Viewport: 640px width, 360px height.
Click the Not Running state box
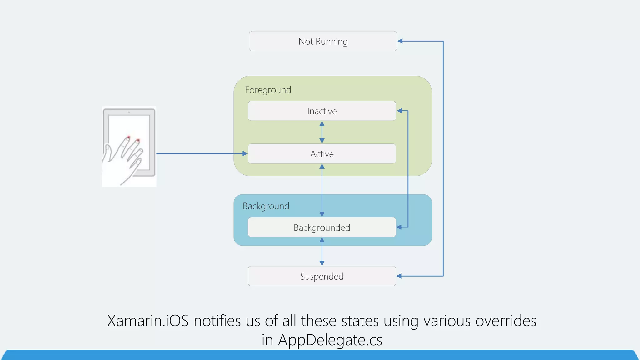click(323, 41)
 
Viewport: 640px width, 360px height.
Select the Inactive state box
click(322, 111)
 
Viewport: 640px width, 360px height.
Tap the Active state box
click(322, 154)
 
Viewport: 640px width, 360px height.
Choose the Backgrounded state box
click(322, 227)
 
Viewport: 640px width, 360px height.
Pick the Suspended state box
click(322, 276)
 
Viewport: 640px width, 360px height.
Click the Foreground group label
click(268, 90)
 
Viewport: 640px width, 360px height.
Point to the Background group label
click(266, 206)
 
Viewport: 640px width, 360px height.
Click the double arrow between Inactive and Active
click(322, 132)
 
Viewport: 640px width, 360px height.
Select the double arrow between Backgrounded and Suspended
click(322, 252)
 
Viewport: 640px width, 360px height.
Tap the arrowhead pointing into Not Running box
click(400, 41)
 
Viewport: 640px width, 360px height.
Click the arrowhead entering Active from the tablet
click(245, 153)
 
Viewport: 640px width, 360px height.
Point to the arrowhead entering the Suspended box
click(399, 276)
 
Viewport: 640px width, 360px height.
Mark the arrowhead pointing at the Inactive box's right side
click(399, 111)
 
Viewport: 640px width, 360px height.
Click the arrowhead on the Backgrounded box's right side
click(399, 227)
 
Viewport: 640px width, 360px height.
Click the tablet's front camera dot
click(129, 112)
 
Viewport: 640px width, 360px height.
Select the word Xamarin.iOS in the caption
click(148, 321)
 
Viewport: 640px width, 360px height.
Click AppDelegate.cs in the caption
click(330, 340)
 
